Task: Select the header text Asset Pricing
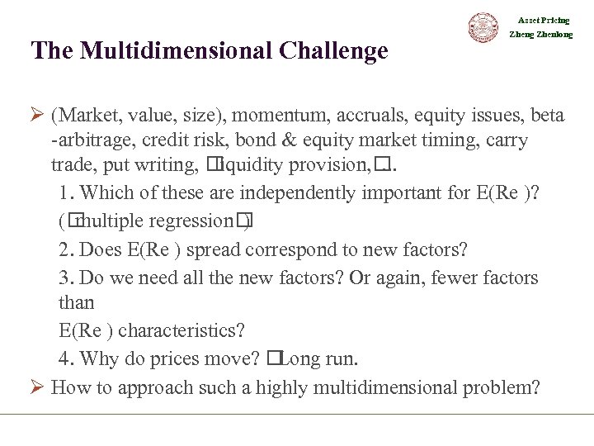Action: (544, 20)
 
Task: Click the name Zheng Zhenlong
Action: (541, 35)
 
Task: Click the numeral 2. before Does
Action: (67, 249)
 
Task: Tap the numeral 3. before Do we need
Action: (67, 278)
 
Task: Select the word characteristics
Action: (182, 331)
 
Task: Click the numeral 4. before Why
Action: (67, 359)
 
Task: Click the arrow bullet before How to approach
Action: (38, 387)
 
